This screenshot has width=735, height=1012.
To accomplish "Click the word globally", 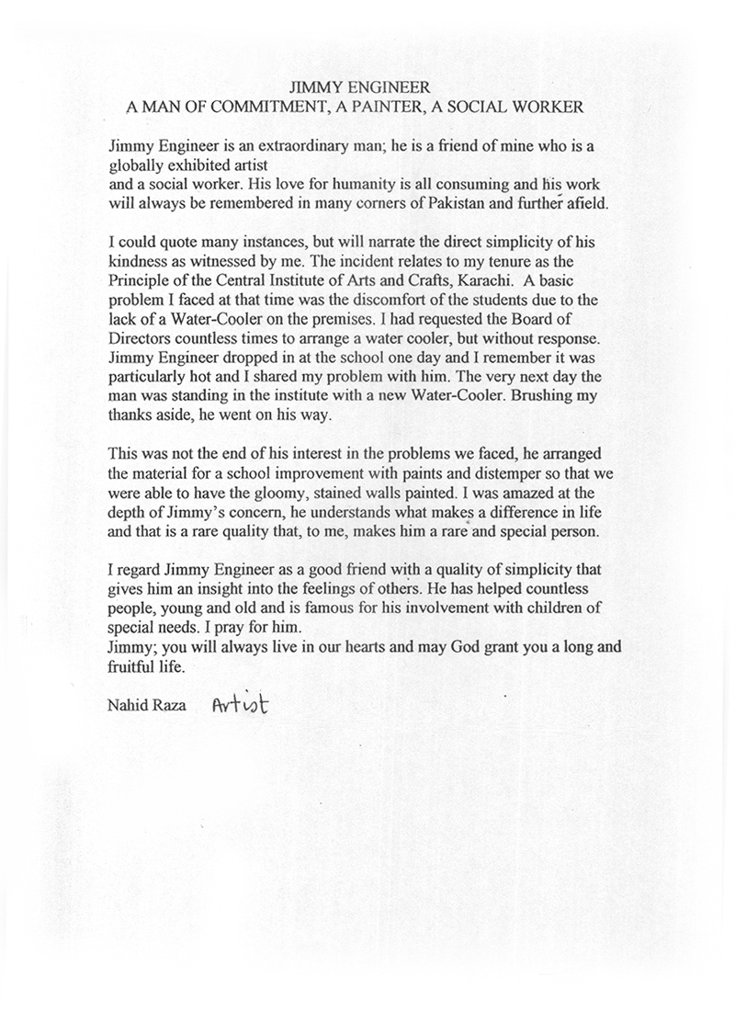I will [x=135, y=165].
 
